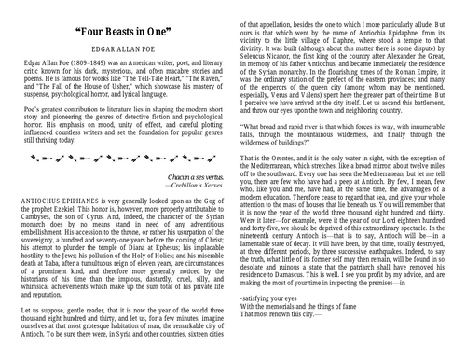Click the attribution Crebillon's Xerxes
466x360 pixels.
click(x=191, y=186)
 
